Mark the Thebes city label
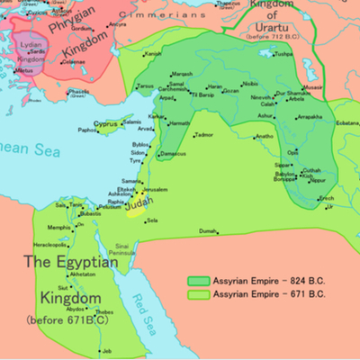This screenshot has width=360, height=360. [x=104, y=312]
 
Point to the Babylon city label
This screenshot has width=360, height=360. [x=283, y=174]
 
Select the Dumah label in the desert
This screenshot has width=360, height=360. [x=209, y=231]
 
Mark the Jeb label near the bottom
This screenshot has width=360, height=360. [x=107, y=349]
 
